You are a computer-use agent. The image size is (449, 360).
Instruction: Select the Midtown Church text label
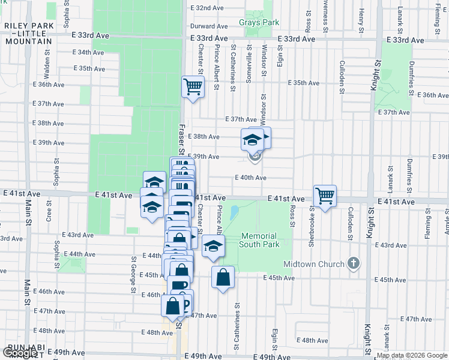point(315,264)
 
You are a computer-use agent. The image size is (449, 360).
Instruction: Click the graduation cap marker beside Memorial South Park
point(213,246)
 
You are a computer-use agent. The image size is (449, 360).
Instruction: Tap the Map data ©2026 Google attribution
point(412,356)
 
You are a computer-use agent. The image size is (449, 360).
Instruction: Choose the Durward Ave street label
point(209,26)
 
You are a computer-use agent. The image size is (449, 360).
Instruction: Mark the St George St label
point(134,275)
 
